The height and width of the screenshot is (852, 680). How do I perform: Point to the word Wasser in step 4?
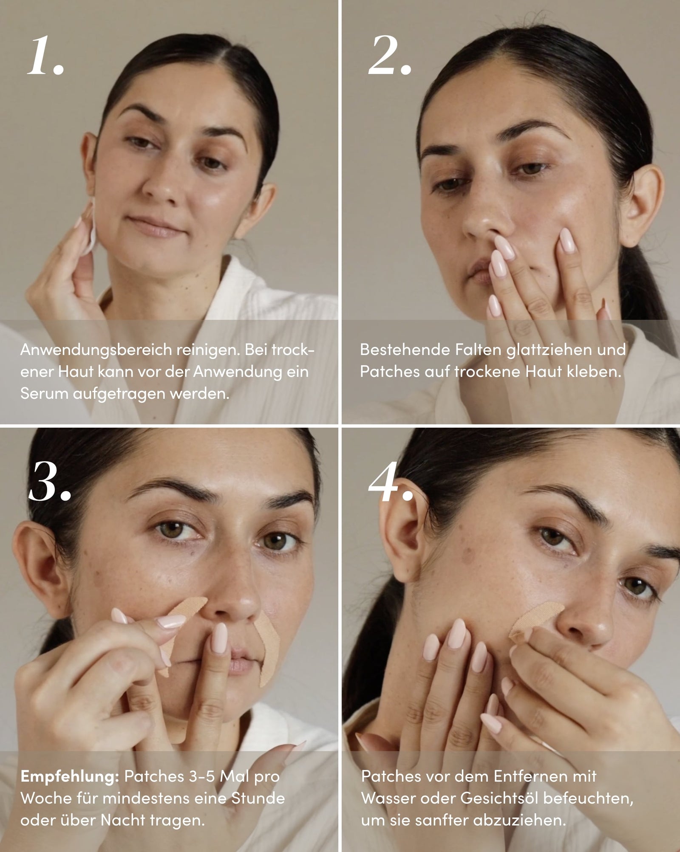click(389, 798)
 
